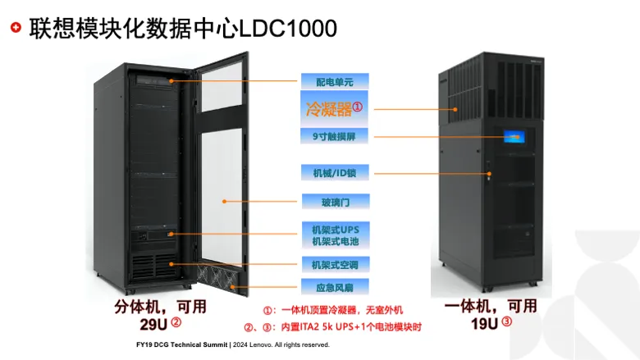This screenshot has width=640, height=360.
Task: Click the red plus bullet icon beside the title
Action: (x=16, y=27)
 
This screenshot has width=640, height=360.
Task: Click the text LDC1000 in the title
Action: (x=288, y=29)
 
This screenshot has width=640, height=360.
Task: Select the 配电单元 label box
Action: (x=335, y=81)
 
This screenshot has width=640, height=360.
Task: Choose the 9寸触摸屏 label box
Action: (x=334, y=136)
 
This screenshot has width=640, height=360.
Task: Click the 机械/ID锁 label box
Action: (x=335, y=172)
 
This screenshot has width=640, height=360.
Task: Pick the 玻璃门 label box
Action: (x=336, y=202)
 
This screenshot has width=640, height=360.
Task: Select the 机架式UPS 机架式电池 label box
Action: (x=336, y=235)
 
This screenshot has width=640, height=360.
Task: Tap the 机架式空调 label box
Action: (x=335, y=265)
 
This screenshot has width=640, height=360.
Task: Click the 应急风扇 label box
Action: (x=335, y=287)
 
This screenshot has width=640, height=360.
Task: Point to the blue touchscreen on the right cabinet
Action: (x=514, y=137)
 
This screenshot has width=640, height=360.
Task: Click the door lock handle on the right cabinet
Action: (x=488, y=172)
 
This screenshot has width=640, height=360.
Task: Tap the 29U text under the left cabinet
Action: (x=153, y=325)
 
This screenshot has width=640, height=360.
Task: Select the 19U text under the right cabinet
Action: (x=484, y=324)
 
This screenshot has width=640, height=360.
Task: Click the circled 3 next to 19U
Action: (x=506, y=321)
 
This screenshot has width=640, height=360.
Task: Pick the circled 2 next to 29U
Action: (x=176, y=322)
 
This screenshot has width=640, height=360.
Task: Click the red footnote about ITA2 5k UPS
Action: (x=332, y=327)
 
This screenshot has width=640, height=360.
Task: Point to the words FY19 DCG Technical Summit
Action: (x=181, y=344)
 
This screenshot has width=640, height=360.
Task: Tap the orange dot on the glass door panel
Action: (x=224, y=202)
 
